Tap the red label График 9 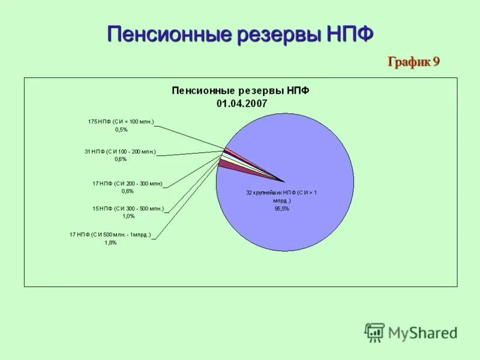[x=413, y=61]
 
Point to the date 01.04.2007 [x=241, y=103]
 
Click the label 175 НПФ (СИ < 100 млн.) [x=121, y=122]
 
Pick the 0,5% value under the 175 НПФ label [x=121, y=130]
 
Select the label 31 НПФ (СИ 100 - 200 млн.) [x=120, y=152]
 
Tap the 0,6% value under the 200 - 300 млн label [x=127, y=191]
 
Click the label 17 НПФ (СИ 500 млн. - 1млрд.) [x=110, y=235]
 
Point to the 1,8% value [x=110, y=243]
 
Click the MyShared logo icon [x=374, y=332]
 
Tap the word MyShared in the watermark [x=422, y=332]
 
